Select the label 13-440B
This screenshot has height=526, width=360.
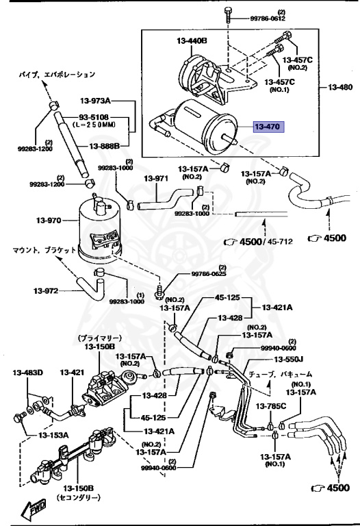coord(192,41)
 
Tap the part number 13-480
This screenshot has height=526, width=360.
coord(340,87)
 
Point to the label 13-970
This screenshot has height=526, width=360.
coord(49,221)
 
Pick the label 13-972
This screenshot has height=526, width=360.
coord(46,291)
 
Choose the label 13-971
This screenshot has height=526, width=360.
coord(156,179)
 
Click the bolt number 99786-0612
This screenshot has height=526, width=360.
coord(268,18)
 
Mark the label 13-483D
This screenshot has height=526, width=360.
coord(28,373)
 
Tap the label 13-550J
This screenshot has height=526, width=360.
coord(289,360)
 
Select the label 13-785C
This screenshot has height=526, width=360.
coord(271,406)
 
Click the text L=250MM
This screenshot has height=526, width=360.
coord(94,125)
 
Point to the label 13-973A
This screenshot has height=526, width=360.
coord(95,100)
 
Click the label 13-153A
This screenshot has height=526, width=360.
coord(53,435)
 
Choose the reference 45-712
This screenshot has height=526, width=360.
coord(280,242)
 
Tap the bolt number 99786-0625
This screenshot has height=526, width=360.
coord(209,274)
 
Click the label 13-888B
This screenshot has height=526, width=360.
coord(104,146)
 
